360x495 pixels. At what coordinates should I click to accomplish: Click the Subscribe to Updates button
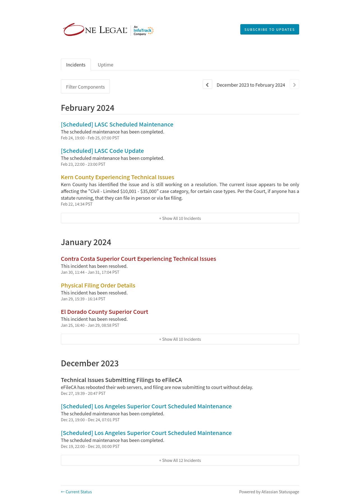pos(269,29)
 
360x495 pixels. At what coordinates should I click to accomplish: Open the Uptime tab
pos(105,65)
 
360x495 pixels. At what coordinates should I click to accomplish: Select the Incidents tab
pos(76,65)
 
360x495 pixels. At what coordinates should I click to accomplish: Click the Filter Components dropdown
pos(85,87)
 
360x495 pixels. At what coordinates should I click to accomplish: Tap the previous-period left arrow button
pos(207,85)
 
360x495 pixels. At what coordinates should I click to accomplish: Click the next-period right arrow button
pos(294,85)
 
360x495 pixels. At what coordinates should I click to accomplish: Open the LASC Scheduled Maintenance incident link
pos(117,125)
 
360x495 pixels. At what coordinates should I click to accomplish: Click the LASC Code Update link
pos(102,151)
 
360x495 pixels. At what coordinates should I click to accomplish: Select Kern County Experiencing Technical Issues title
pos(117,177)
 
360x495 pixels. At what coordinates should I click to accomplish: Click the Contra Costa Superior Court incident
pos(138,259)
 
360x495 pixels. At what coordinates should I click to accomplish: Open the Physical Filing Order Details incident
pos(98,286)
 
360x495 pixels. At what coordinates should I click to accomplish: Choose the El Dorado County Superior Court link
pos(104,312)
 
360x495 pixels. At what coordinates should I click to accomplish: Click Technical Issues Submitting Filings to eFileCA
pos(121,380)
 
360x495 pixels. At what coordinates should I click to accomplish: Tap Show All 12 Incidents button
pos(180,460)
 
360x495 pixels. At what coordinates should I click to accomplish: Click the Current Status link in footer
pos(76,492)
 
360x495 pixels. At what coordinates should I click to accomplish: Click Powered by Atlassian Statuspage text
pos(269,492)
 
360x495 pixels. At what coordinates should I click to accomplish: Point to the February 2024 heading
pos(87,108)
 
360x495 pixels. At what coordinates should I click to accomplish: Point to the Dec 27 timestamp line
pos(83,393)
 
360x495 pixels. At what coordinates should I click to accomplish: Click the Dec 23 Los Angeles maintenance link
pos(146,406)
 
